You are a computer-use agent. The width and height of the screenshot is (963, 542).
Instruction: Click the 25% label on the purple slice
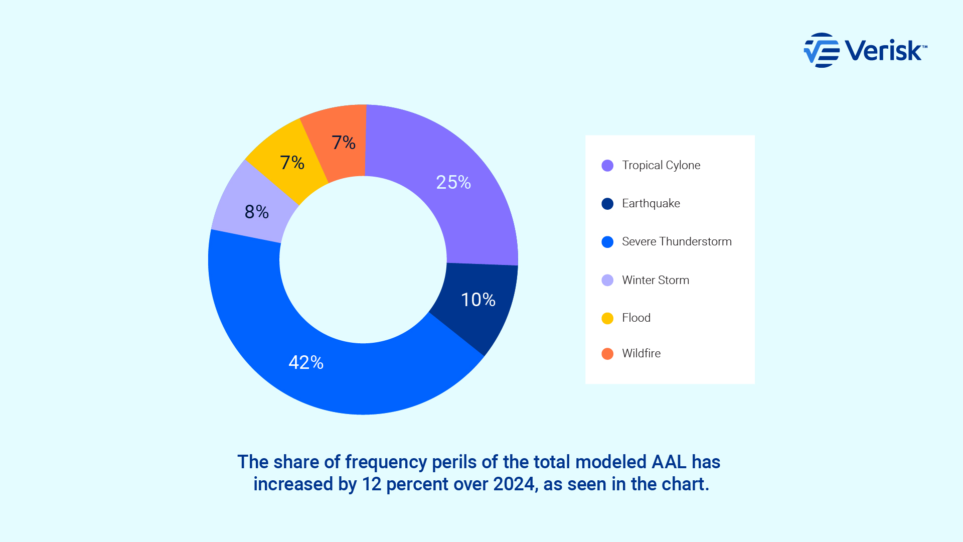[453, 182]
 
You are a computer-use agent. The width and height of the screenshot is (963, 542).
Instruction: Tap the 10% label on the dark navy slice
[478, 300]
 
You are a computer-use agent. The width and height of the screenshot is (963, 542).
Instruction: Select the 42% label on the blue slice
[306, 362]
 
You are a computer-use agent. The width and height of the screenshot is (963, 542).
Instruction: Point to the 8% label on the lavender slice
[257, 212]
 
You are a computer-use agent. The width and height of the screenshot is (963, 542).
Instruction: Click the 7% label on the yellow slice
[292, 163]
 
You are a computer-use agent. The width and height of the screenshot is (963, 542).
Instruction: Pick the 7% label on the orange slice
[344, 143]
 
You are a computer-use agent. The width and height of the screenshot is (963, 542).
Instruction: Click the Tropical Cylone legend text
[661, 165]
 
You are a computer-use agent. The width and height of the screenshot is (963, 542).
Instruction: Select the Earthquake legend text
[651, 203]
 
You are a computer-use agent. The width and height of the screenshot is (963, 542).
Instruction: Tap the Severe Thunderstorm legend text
[677, 241]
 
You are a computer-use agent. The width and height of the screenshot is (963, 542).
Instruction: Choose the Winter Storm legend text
[656, 280]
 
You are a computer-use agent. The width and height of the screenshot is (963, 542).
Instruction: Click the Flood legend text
[636, 318]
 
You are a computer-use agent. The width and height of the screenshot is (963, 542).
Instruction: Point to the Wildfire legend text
[641, 353]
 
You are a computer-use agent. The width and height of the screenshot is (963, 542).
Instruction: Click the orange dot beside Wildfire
[607, 354]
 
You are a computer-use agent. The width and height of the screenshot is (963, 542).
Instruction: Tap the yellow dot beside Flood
[607, 318]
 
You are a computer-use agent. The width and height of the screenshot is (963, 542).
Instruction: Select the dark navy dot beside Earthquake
[607, 204]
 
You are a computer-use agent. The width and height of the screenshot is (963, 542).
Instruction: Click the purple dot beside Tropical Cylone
[607, 166]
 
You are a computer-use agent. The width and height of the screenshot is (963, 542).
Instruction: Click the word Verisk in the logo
[883, 50]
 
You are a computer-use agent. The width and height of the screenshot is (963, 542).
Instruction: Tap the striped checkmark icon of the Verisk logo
[821, 50]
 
